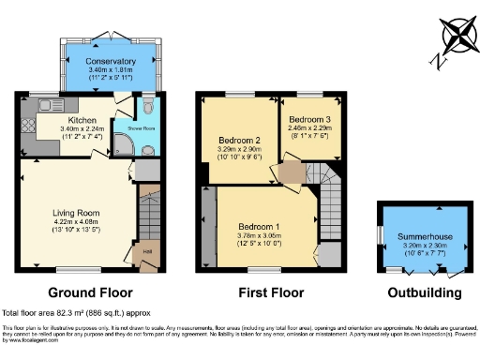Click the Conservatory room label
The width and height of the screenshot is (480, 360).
pos(104,61)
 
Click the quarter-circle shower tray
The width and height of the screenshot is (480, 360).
pos(124,143)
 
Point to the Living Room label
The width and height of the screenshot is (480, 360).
pos(75,213)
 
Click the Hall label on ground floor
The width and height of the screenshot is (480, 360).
pos(147,250)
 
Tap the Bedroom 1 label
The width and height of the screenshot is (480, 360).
pos(259,227)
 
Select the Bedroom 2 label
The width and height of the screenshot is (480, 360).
pos(239,141)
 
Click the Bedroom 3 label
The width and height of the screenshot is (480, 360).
pos(308,120)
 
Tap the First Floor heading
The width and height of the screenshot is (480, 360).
pos(270,293)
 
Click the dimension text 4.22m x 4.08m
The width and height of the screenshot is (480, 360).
pos(75,221)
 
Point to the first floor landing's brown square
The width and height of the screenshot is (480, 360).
pos(293,172)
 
